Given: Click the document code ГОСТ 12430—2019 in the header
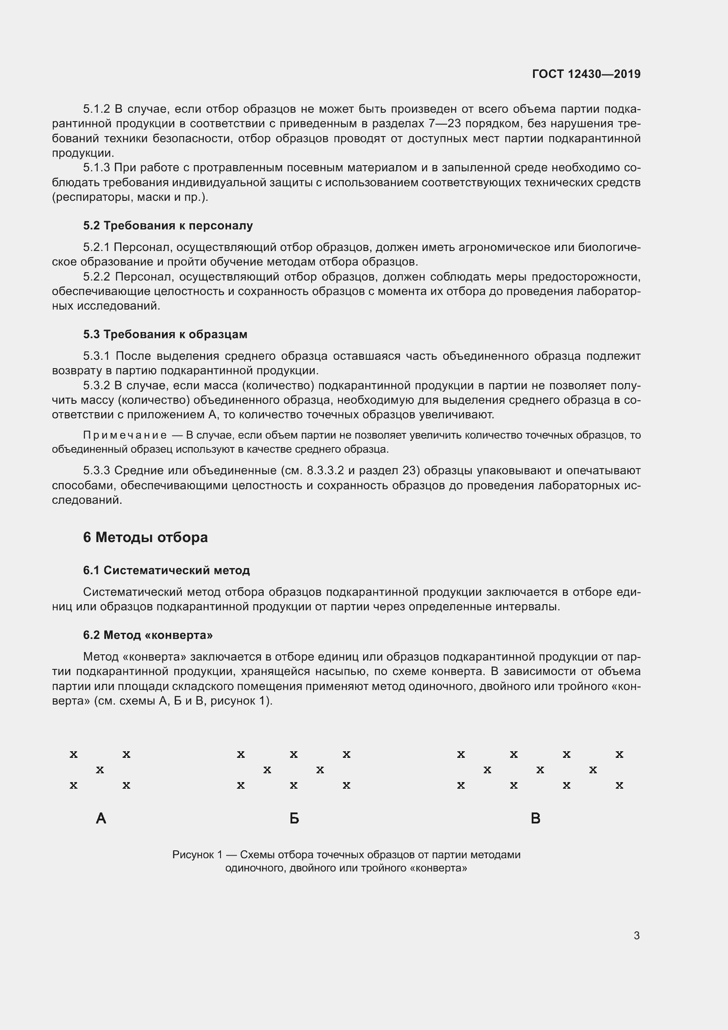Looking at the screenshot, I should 586,74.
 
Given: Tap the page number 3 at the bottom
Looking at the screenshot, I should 636,935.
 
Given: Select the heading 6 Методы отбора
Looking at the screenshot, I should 145,537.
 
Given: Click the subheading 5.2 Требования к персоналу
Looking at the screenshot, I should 168,225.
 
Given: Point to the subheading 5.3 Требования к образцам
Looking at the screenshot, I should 165,335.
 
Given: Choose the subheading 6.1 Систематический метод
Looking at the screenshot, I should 166,571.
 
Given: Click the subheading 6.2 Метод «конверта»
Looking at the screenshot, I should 148,635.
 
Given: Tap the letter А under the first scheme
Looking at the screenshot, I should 101,819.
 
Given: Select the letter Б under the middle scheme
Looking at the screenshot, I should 294,819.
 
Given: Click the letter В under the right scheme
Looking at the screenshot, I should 535,819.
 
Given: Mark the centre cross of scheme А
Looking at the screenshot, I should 100,770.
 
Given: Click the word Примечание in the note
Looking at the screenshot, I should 125,435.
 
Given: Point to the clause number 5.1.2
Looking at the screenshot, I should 96,109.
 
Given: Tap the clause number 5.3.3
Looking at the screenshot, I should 96,471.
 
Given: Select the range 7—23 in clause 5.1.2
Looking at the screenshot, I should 444,124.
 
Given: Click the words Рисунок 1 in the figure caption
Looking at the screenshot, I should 197,855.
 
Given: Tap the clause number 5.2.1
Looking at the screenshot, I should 96,247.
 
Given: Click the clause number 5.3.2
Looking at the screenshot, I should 96,385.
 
